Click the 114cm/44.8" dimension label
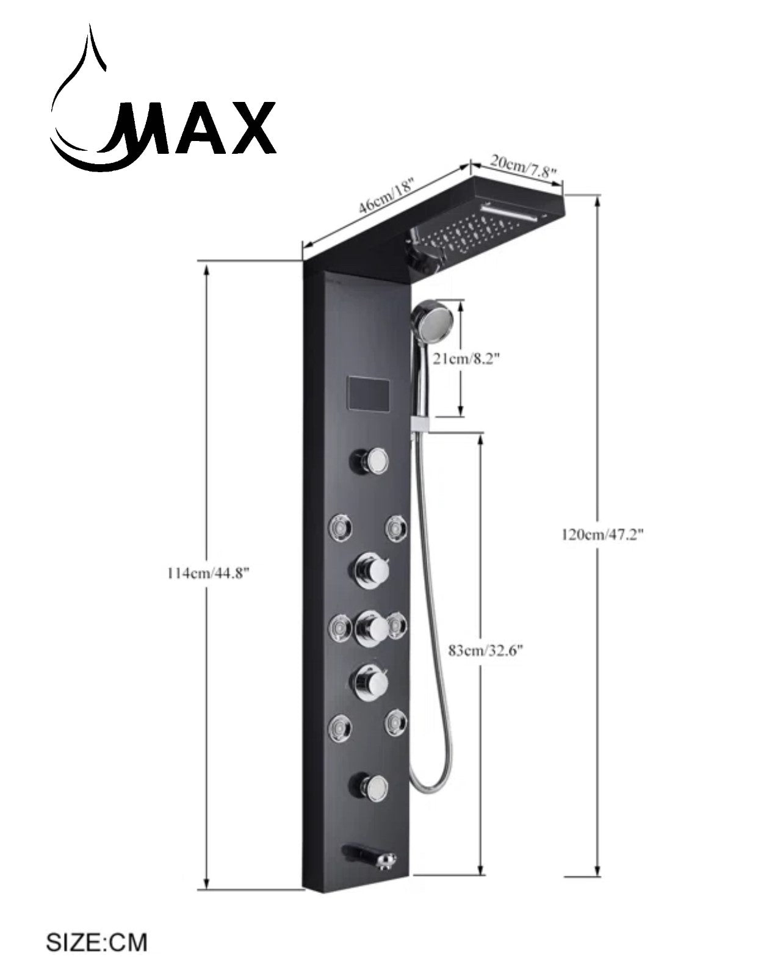208,574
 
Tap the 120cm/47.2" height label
603,535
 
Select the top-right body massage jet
397,527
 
